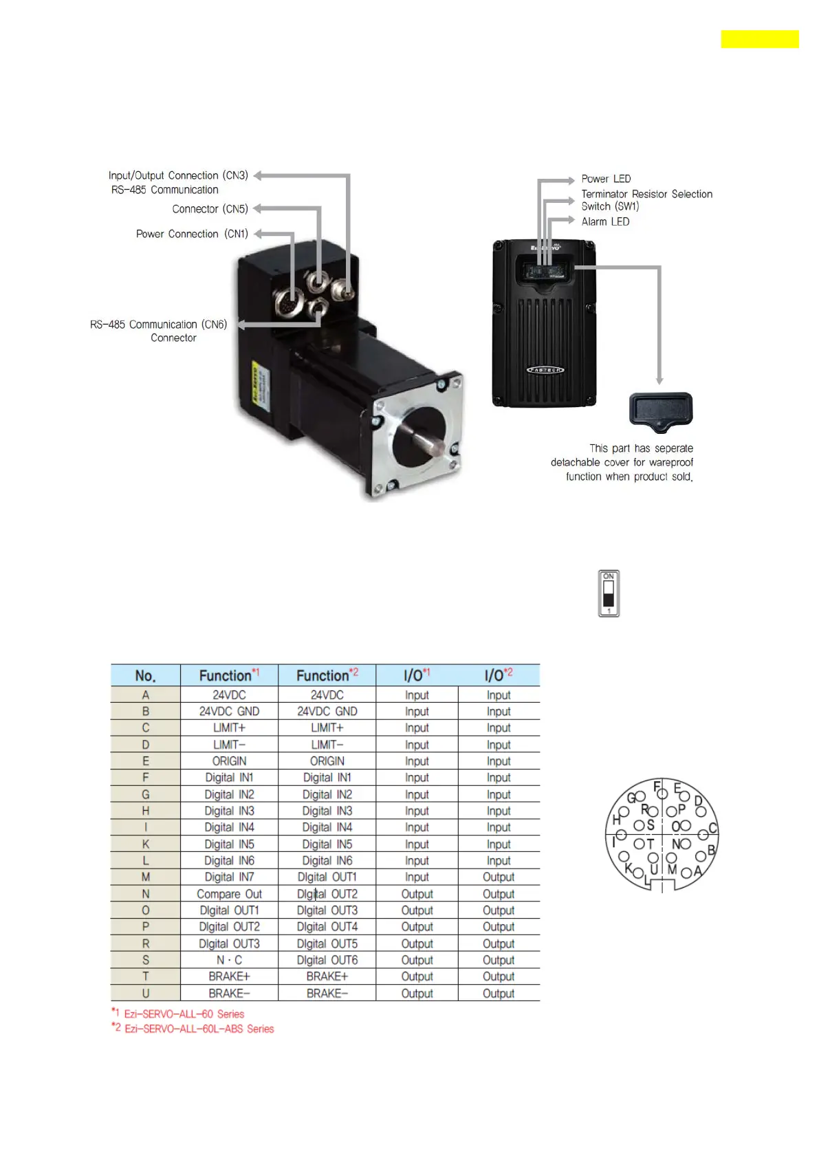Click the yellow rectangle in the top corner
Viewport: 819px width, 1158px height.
(x=759, y=39)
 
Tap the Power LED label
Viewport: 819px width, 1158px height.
(x=605, y=179)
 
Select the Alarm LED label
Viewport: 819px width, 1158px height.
(x=605, y=221)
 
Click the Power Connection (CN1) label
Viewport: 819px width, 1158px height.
(x=192, y=234)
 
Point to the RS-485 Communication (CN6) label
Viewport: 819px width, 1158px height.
(x=158, y=325)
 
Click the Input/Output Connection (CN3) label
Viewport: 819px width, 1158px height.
(x=178, y=175)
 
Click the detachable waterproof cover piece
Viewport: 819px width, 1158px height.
(x=660, y=411)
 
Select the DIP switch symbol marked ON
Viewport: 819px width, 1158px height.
(x=609, y=593)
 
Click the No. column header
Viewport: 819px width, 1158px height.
(x=145, y=676)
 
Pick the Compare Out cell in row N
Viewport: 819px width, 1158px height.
(x=229, y=894)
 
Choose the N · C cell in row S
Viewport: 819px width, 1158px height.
(x=229, y=960)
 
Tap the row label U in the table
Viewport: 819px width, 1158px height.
(x=145, y=994)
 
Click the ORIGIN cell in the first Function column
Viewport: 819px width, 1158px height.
(x=229, y=761)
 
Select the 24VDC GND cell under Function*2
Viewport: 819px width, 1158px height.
(x=327, y=712)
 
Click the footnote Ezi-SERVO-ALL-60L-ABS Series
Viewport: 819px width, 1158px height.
(x=199, y=1029)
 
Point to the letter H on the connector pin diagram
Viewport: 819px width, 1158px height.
(x=616, y=820)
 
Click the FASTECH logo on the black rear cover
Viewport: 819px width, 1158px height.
(x=545, y=370)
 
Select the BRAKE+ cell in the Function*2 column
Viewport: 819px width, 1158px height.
(x=327, y=976)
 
